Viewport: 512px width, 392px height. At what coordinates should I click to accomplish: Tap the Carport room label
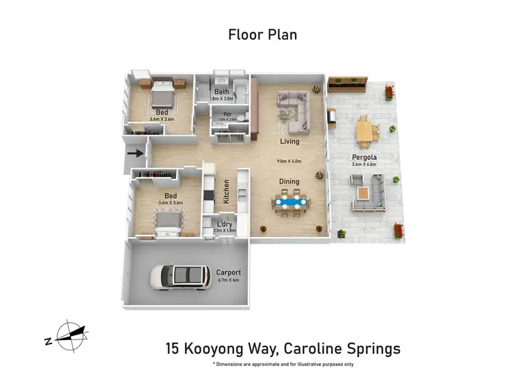[229, 272]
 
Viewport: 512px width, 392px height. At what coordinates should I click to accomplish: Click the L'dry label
[224, 224]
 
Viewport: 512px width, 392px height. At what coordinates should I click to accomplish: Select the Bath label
[222, 92]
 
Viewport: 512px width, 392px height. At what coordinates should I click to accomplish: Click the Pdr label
[221, 115]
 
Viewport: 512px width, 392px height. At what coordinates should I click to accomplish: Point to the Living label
[290, 142]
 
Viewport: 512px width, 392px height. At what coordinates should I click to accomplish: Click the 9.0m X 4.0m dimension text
[289, 162]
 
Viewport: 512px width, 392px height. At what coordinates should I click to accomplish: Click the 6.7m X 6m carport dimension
[229, 280]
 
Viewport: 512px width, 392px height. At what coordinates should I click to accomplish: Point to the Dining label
[290, 182]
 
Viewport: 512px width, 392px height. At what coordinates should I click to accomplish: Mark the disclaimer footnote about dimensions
[283, 365]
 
